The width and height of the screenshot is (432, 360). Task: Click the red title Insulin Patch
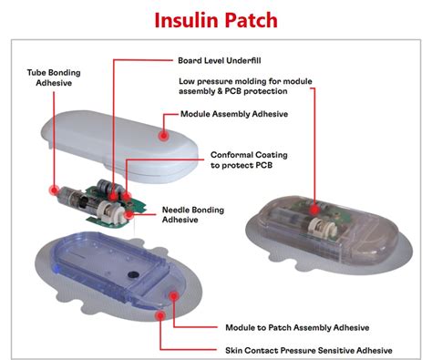coord(216,19)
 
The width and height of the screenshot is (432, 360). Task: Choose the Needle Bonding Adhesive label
coord(193,213)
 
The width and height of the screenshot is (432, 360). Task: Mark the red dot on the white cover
coord(162,134)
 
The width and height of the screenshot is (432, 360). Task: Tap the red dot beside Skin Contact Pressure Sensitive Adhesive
coord(162,315)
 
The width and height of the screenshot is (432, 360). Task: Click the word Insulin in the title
coord(181,19)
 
